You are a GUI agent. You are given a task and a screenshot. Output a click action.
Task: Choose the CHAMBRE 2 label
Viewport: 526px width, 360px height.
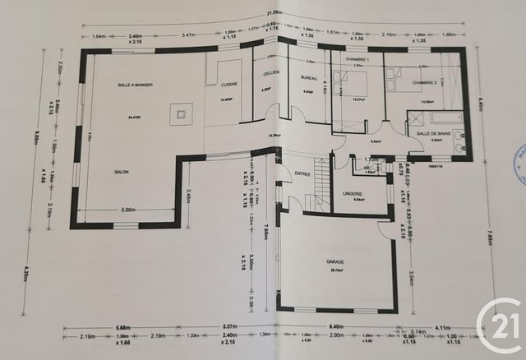click(425, 82)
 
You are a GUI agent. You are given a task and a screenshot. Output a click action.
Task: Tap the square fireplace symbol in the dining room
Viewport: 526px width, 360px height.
click(180, 113)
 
